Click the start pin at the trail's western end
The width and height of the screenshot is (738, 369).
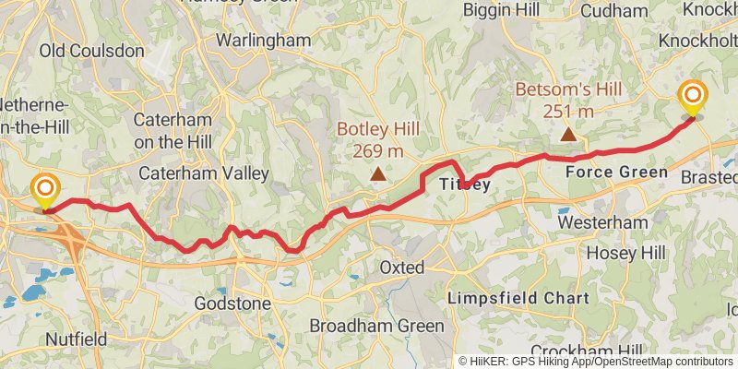[x=43, y=192]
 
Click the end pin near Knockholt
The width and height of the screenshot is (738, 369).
[x=692, y=97]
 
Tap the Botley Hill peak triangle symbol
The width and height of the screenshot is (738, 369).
[x=377, y=173]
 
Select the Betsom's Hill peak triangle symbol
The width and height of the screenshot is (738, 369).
[x=568, y=136]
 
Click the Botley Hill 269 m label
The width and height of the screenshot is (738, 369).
[x=370, y=139]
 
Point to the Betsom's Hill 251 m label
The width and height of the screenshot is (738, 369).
[x=568, y=100]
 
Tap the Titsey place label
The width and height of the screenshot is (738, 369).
[x=464, y=184]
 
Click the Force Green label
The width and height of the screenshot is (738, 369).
[x=616, y=173]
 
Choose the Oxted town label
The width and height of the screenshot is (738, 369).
[x=402, y=268]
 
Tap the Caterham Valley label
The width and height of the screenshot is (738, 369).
[x=204, y=173]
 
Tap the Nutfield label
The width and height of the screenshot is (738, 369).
[x=76, y=339]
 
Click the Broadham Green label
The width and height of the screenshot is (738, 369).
[x=376, y=326]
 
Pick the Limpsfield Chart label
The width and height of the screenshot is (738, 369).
[x=518, y=298]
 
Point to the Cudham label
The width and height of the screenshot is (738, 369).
[x=616, y=11]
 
